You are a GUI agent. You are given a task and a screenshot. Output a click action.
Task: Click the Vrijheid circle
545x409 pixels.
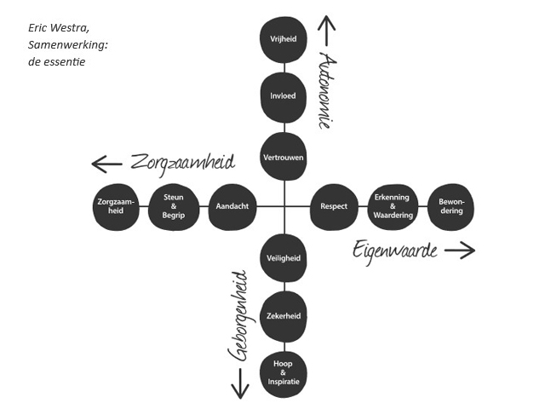pyautogui.click(x=283, y=39)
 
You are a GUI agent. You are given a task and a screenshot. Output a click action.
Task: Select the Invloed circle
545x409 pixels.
pyautogui.click(x=283, y=96)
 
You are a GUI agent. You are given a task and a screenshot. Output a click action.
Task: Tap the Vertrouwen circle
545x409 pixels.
pyautogui.click(x=283, y=157)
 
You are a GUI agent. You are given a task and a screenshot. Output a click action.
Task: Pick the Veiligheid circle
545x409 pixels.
pyautogui.click(x=283, y=257)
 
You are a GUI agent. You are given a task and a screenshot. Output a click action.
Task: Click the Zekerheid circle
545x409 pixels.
pyautogui.click(x=283, y=316)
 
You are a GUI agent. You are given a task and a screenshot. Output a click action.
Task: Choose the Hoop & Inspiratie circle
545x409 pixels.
pyautogui.click(x=283, y=373)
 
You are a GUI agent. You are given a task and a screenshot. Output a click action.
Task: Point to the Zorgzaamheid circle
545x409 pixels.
pyautogui.click(x=117, y=207)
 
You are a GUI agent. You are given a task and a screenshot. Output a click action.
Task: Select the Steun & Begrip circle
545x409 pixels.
pyautogui.click(x=174, y=207)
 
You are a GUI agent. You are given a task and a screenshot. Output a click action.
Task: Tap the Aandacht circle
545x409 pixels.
pyautogui.click(x=232, y=207)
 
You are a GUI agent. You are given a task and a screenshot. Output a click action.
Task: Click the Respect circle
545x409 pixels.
pyautogui.click(x=334, y=207)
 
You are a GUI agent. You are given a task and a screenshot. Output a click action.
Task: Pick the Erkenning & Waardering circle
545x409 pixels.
pyautogui.click(x=393, y=207)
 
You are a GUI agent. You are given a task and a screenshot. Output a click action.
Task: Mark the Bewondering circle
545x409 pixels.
pyautogui.click(x=451, y=207)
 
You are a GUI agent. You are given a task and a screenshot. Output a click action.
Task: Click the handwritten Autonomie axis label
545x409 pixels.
pyautogui.click(x=324, y=89)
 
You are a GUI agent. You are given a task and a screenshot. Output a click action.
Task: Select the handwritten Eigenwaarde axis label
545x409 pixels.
pyautogui.click(x=395, y=251)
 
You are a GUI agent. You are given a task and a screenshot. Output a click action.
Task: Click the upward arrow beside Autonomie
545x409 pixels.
pyautogui.click(x=324, y=31)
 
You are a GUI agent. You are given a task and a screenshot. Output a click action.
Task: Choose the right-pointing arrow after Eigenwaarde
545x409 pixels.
pyautogui.click(x=460, y=250)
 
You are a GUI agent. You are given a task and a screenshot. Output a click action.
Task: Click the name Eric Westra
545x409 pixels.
pyautogui.click(x=57, y=29)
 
